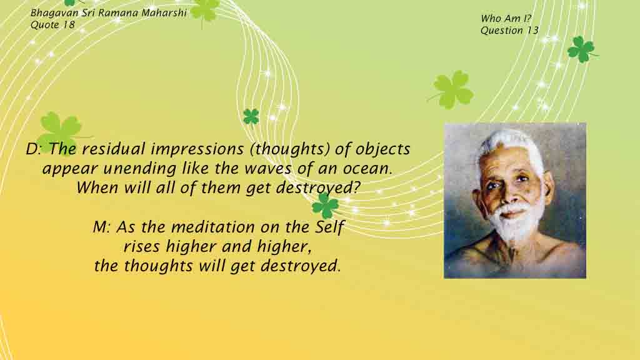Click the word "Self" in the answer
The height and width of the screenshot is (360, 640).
point(330,227)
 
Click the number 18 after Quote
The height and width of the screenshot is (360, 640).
point(69,24)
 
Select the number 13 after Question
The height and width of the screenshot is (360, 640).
point(532,30)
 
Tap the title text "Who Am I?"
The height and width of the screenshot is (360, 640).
point(506,18)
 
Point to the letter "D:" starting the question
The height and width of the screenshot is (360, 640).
point(34,149)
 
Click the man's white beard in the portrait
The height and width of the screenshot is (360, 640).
point(517,222)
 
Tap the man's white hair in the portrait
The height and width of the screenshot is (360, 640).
point(510,145)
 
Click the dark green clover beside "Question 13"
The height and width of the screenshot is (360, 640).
point(581,49)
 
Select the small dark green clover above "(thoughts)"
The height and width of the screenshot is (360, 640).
point(251,117)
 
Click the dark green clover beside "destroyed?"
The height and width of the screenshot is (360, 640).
point(325,205)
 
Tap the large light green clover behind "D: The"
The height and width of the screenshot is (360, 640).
point(61,131)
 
